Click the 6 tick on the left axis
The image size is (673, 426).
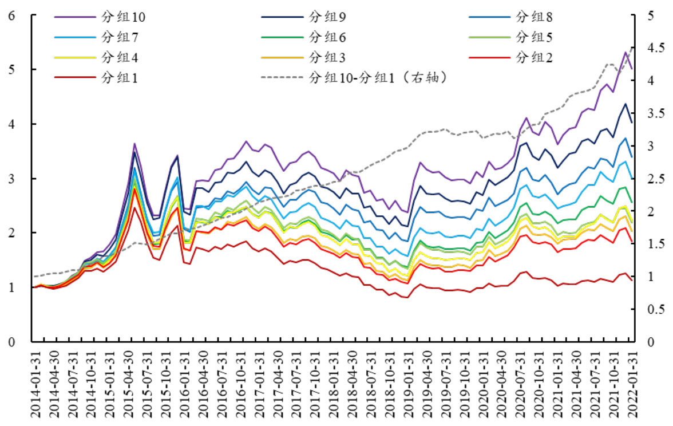pos(11,15)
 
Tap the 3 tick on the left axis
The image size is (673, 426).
pos(11,179)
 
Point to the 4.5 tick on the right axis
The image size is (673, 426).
pos(654,48)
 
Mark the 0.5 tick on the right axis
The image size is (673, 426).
pos(654,310)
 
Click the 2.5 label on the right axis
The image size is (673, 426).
pos(654,179)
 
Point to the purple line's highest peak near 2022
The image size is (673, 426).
pos(625,52)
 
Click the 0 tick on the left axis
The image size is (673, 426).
pos(11,342)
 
